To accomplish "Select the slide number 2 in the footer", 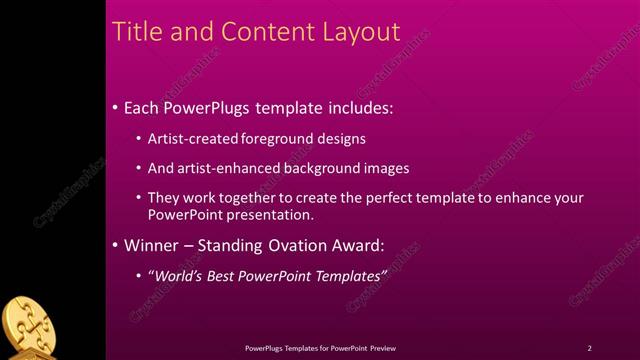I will click(590, 348).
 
